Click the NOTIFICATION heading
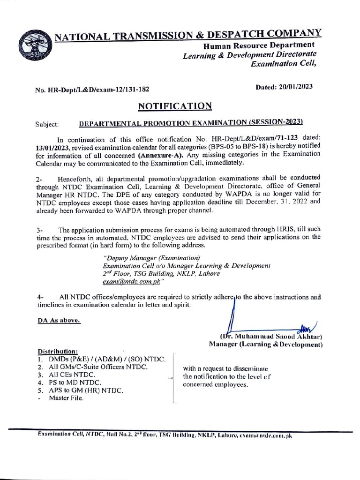click(x=175, y=106)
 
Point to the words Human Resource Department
click(x=258, y=45)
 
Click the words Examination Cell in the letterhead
click(x=284, y=65)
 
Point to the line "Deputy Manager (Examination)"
click(x=151, y=258)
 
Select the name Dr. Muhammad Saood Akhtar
click(x=272, y=337)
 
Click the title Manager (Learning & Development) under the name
click(x=266, y=345)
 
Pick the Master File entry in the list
click(x=66, y=398)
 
